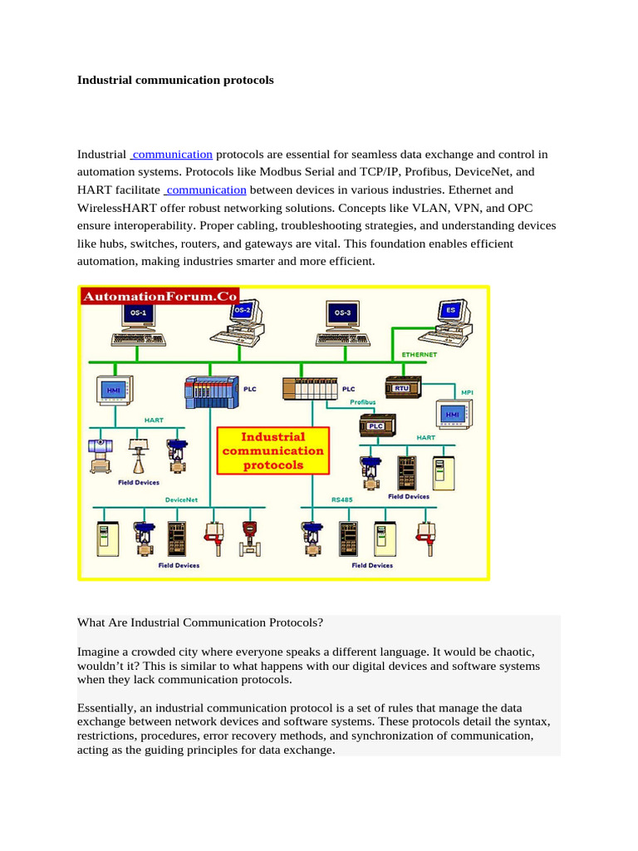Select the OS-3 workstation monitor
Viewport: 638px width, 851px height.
pos(341,313)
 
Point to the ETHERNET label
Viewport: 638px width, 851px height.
pos(420,354)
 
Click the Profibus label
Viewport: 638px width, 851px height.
pos(362,402)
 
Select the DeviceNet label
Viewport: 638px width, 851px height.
pos(181,499)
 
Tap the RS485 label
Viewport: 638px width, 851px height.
pos(342,499)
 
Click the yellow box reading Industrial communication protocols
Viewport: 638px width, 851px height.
pos(273,450)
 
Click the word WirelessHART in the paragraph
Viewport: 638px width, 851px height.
pos(121,208)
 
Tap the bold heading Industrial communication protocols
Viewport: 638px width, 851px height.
pos(175,81)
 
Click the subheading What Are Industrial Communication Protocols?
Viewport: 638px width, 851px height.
pos(200,622)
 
